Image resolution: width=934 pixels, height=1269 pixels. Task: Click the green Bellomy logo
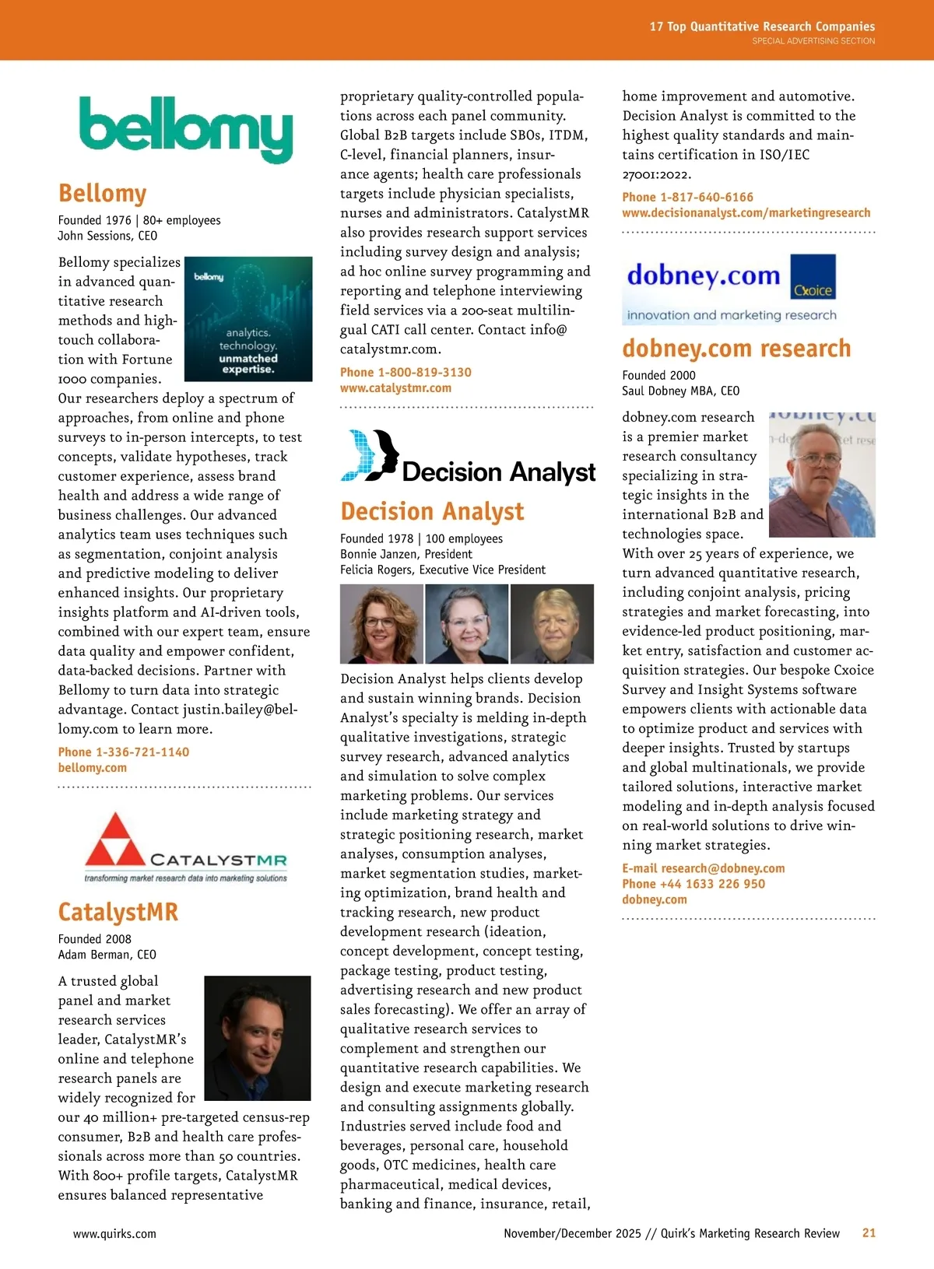pos(185,128)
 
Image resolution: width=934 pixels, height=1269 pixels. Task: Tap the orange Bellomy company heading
pos(103,193)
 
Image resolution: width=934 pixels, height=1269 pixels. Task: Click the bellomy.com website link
pos(92,767)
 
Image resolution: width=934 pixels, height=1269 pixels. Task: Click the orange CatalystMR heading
pos(118,912)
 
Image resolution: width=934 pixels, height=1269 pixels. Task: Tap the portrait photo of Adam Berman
pos(257,1038)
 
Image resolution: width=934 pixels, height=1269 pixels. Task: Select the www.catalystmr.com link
pos(395,387)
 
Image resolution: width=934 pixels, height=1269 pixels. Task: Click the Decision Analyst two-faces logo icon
pos(370,455)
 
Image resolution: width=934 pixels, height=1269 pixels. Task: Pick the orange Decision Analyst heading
pos(432,511)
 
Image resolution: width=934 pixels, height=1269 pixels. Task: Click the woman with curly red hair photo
pos(381,624)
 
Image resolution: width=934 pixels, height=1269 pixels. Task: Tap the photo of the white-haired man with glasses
pos(552,624)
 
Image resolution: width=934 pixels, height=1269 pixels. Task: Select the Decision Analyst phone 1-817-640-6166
pos(687,197)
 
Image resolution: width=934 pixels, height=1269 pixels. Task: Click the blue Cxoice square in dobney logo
pos(813,277)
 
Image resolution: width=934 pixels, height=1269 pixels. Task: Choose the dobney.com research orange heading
pos(736,349)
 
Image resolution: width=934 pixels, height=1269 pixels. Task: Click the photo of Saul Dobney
pos(821,475)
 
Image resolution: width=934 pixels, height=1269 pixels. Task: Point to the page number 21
pos(869,1232)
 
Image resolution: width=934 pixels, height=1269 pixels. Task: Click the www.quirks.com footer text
pos(114,1233)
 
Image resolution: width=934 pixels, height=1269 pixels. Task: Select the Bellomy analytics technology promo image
pos(248,319)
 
